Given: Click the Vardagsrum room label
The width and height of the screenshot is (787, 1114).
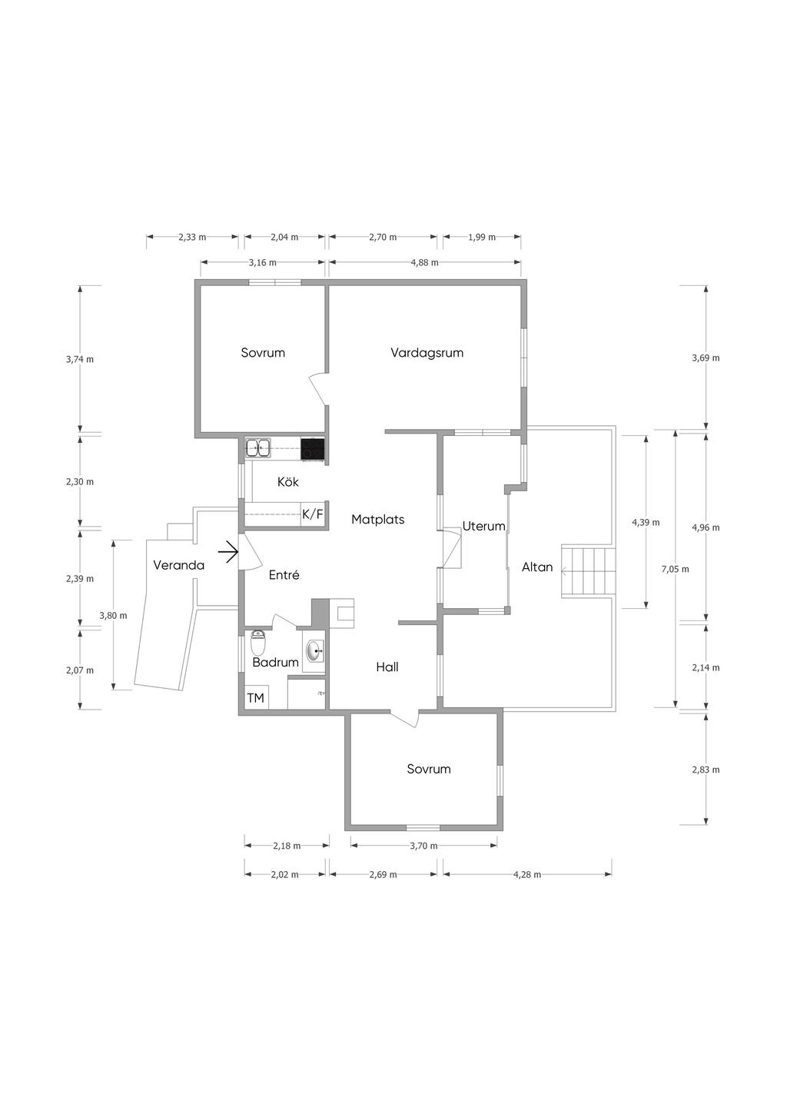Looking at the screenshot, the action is click(x=427, y=353).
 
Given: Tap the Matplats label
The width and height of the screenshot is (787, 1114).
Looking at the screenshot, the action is click(x=378, y=520).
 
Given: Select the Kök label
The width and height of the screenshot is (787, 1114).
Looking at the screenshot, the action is click(x=288, y=481).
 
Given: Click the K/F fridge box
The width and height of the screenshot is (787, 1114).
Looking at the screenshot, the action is click(x=313, y=515).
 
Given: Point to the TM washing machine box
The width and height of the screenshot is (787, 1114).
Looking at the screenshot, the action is click(x=255, y=698).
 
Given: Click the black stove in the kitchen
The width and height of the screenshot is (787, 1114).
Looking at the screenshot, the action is click(x=313, y=448).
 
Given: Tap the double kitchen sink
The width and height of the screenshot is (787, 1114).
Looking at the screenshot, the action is click(x=258, y=448).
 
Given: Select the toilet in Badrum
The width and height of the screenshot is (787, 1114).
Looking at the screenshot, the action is click(x=258, y=643).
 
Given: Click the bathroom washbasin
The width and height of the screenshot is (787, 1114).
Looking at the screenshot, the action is click(x=314, y=651).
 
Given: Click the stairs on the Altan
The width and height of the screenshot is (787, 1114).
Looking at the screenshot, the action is click(x=589, y=571).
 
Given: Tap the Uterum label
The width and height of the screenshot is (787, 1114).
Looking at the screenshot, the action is click(x=483, y=526).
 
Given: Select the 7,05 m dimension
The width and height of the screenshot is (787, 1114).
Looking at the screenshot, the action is click(x=675, y=570).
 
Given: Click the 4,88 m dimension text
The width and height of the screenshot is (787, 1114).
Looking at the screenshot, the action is click(x=424, y=263).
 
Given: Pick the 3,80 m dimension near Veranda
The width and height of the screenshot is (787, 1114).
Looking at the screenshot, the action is click(x=113, y=616).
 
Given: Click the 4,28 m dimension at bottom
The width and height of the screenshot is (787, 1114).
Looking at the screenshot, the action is click(x=527, y=875).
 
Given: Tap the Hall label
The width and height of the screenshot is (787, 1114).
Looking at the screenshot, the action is click(x=387, y=667).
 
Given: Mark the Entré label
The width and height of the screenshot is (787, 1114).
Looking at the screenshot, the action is click(x=284, y=575).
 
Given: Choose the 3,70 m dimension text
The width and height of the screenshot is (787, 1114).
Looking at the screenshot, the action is click(x=423, y=846).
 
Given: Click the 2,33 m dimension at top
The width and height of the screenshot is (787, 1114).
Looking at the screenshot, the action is click(x=192, y=238).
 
